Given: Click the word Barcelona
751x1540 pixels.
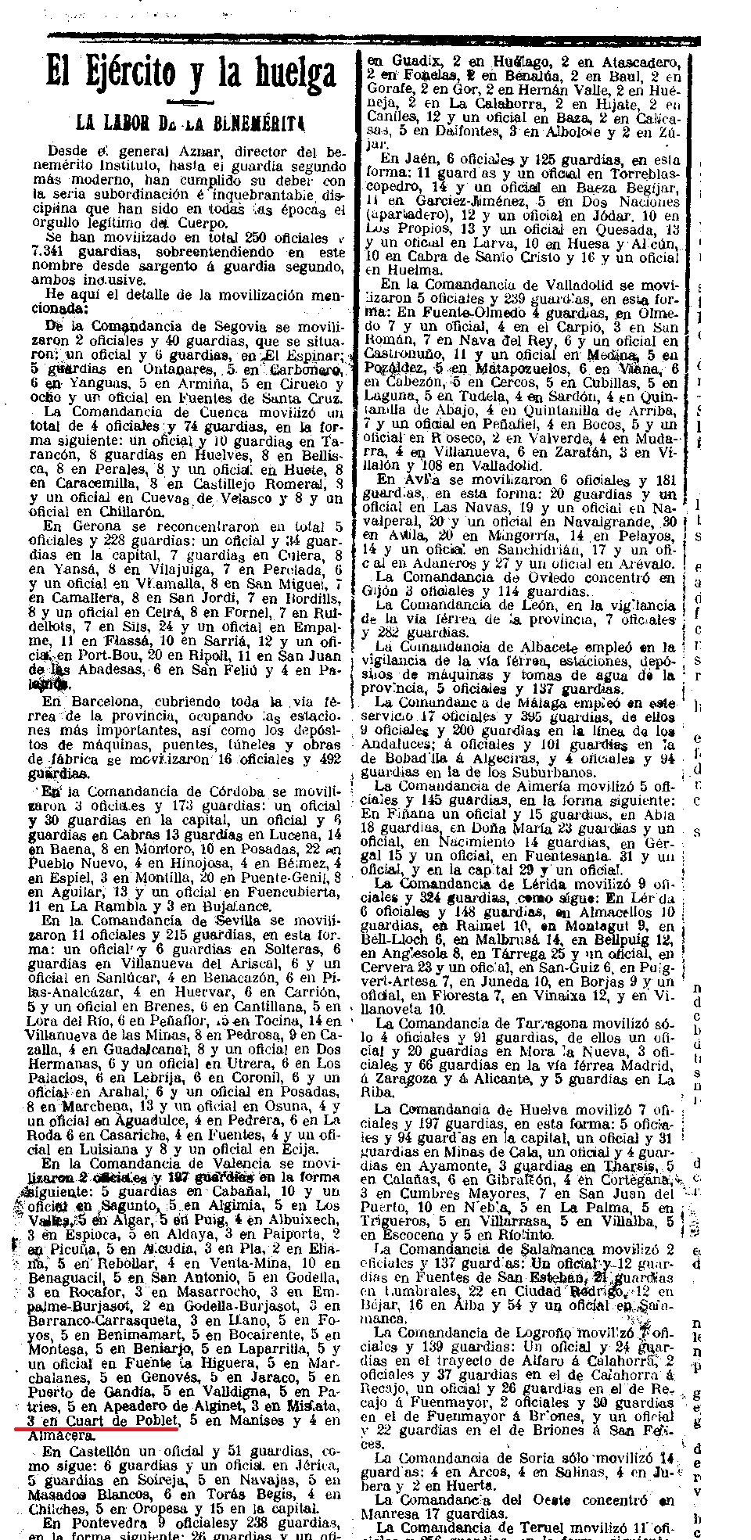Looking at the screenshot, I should click(100, 702).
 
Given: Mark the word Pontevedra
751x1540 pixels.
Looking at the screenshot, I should click(102, 1523).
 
